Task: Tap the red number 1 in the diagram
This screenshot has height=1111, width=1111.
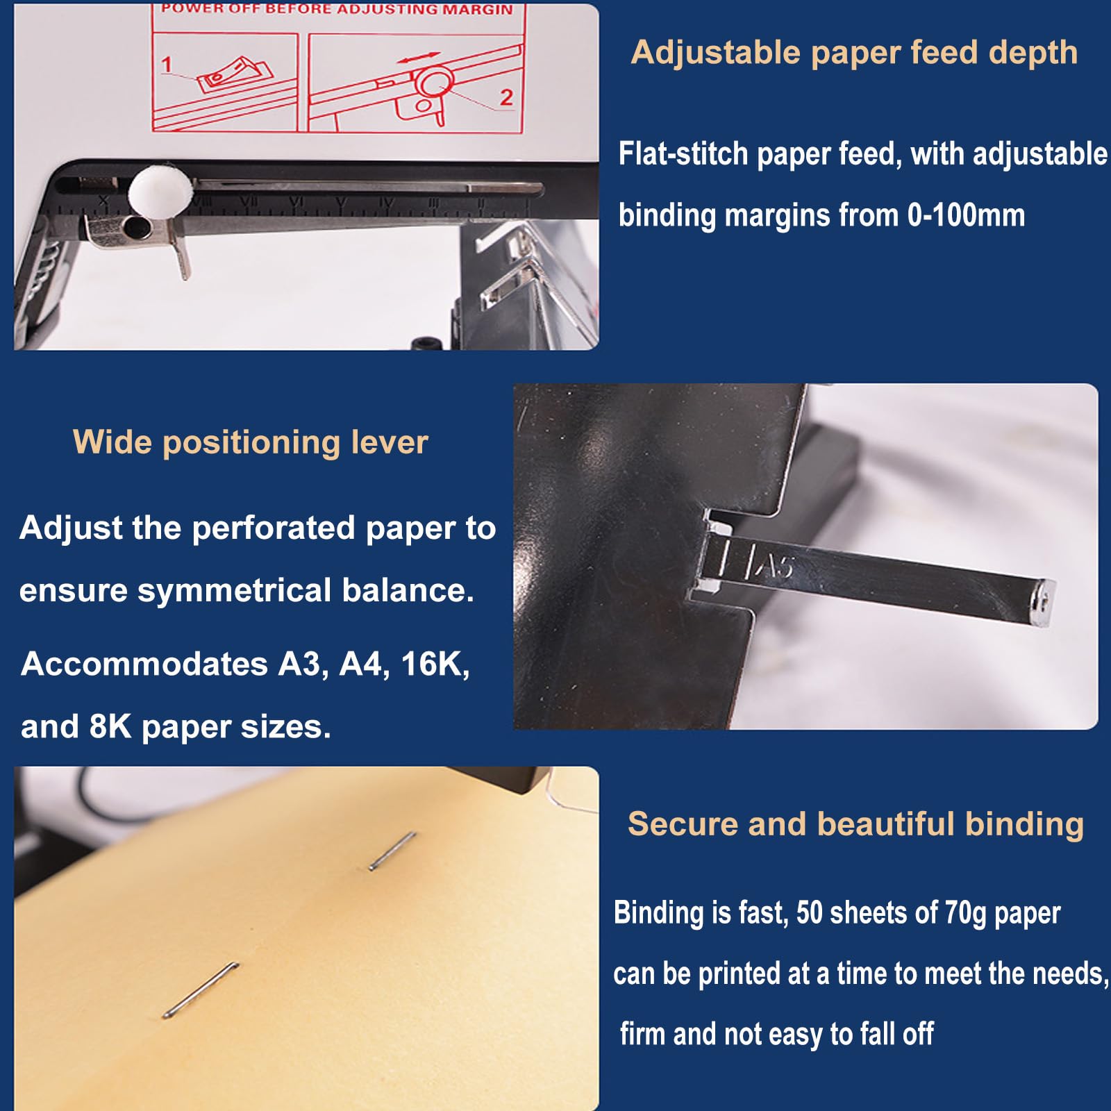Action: pos(167,65)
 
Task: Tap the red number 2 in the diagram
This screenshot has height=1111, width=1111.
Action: pos(506,97)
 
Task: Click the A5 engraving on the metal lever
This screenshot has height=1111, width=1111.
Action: pos(776,566)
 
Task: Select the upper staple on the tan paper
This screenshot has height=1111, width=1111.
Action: pos(392,851)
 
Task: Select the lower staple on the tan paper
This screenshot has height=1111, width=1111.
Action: pos(201,991)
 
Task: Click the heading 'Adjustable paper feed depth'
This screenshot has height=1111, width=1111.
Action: pos(854,53)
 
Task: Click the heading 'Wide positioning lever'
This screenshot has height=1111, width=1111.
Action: pos(251,443)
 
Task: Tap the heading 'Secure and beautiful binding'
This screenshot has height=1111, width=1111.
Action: pos(855,825)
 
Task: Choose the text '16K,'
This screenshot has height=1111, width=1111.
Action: pos(435,664)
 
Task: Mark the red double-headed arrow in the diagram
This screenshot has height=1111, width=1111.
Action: pos(419,58)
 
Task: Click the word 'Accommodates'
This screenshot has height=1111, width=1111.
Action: pos(144,664)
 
